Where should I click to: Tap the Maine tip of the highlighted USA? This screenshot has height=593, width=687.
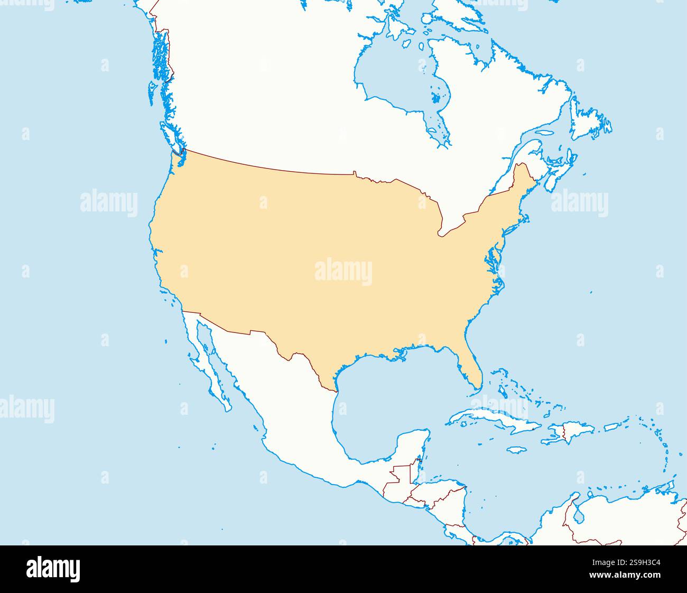click(x=523, y=174)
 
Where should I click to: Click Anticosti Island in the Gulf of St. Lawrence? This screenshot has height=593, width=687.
click(x=545, y=134)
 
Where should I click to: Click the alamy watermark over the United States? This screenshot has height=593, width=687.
click(x=343, y=272)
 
